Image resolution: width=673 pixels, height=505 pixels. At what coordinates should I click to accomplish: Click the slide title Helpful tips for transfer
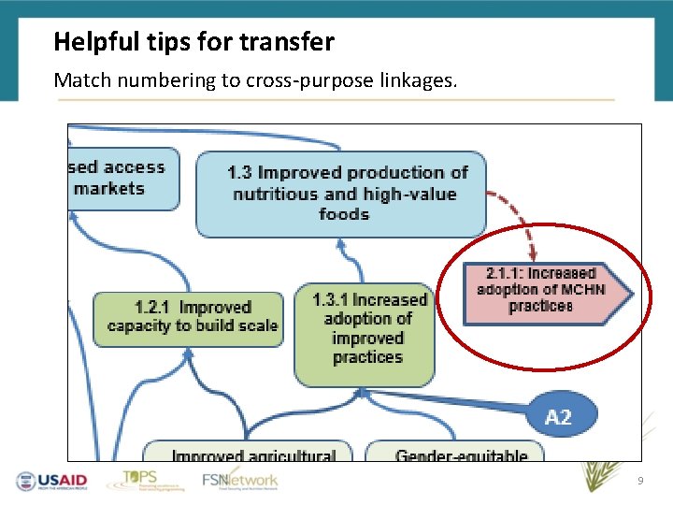coord(193,42)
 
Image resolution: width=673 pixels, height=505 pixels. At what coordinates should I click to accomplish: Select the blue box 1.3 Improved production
coord(341,194)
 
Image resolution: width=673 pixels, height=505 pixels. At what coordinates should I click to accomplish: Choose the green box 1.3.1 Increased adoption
coord(365,331)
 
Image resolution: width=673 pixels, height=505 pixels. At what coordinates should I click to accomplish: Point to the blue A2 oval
coord(558,417)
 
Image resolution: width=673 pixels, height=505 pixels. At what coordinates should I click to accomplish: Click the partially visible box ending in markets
coord(122,179)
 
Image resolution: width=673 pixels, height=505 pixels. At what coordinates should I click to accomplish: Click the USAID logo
coord(51,481)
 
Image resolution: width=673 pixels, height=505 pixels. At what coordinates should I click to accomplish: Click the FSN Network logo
coord(240,481)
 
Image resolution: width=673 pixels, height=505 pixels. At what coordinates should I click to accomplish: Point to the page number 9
coord(640,481)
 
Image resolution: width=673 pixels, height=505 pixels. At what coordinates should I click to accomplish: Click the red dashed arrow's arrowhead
coord(533,253)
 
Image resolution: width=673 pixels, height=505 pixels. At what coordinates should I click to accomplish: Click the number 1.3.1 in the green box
coord(332,300)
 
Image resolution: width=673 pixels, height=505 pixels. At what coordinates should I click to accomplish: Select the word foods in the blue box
coord(343,214)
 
